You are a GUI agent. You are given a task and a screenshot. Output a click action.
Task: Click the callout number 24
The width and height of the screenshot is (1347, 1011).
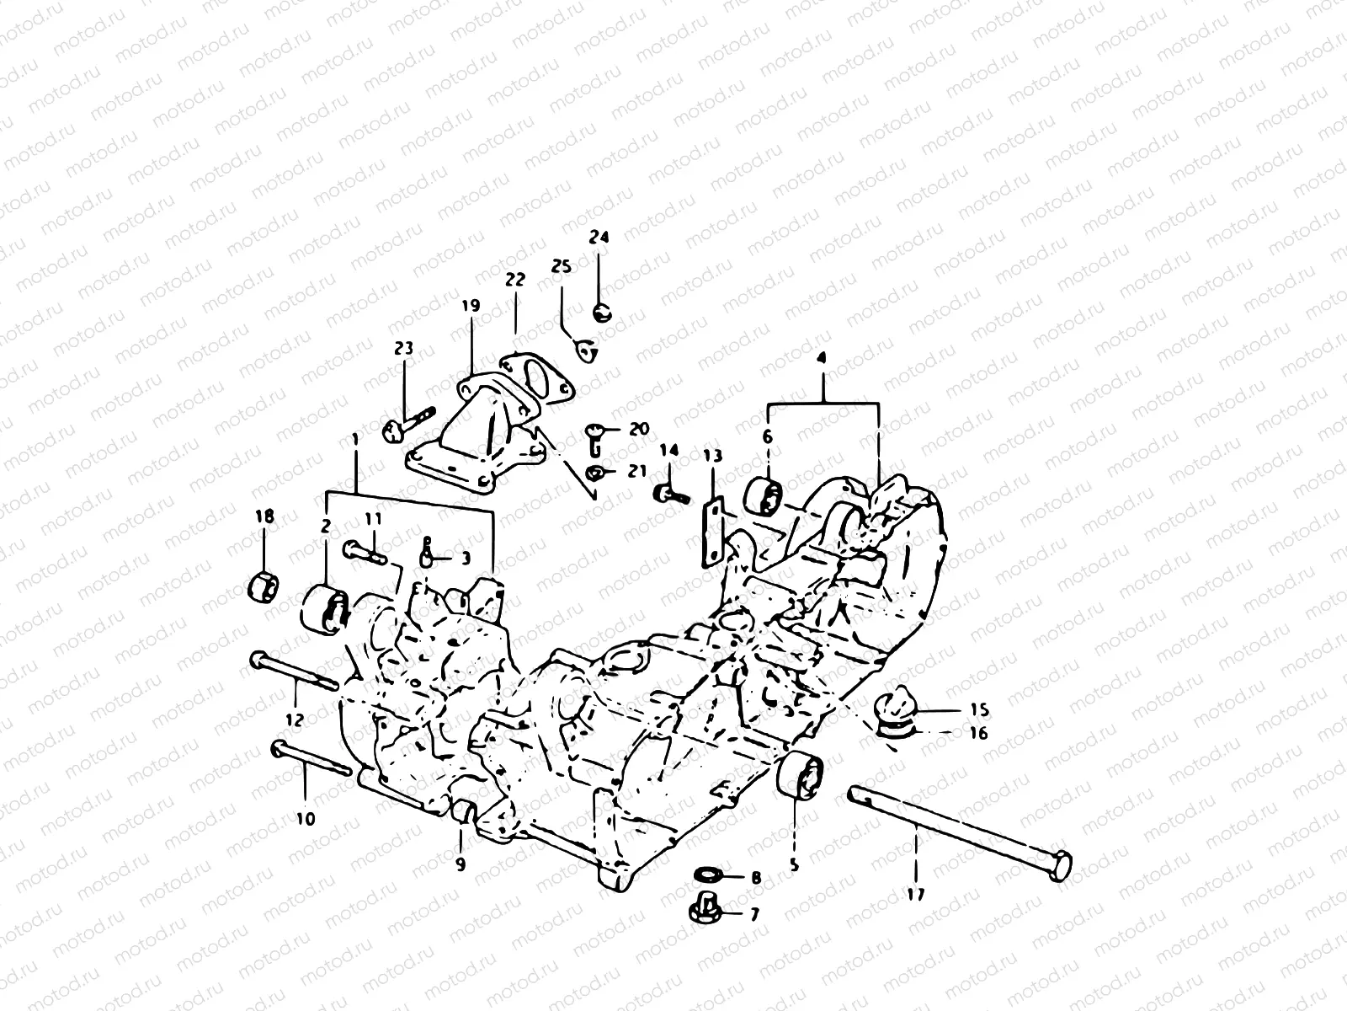[599, 238]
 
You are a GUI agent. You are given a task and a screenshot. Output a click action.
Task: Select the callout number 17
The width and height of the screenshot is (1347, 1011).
[915, 895]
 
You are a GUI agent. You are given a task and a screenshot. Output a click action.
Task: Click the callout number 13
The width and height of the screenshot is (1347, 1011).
[713, 456]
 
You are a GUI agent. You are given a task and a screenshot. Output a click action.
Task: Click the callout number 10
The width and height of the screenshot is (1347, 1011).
[305, 817]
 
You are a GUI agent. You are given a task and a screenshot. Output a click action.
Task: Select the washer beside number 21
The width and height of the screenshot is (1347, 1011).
[594, 472]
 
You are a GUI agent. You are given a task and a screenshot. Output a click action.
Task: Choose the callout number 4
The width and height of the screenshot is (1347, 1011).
[822, 357]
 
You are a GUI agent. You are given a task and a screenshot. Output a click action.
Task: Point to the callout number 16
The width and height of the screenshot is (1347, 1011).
[977, 734]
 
